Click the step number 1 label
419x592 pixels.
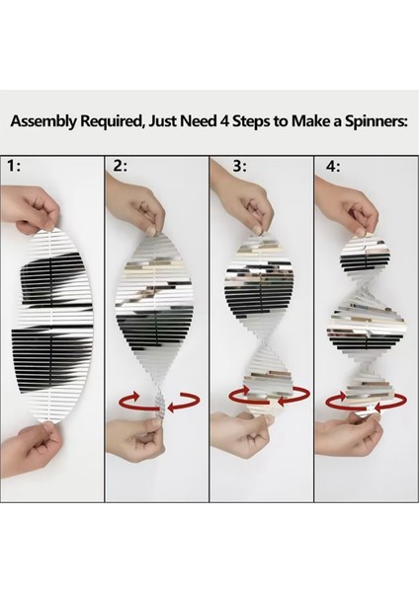click(x=14, y=166)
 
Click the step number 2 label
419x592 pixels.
click(x=121, y=166)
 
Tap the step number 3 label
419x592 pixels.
click(x=239, y=166)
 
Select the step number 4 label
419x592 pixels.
click(x=333, y=166)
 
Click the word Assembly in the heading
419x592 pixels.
click(x=45, y=121)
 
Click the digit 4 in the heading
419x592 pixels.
click(x=224, y=120)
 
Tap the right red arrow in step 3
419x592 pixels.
click(x=294, y=397)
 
